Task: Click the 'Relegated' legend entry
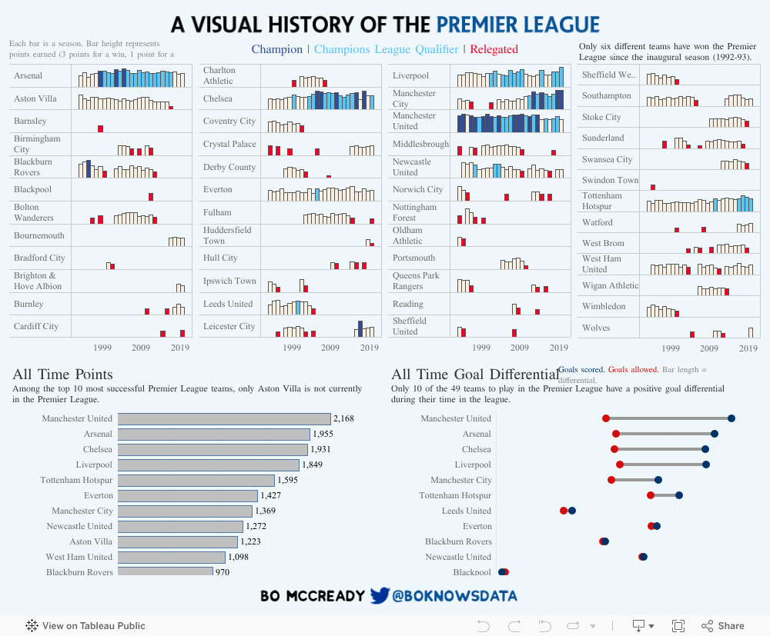click(494, 49)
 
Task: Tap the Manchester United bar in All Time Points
click(223, 418)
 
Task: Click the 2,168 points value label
click(344, 418)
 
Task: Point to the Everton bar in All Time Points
click(187, 495)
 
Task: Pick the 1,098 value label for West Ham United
click(240, 557)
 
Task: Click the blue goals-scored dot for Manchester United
click(731, 418)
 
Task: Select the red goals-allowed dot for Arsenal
click(615, 434)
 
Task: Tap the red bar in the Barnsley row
click(100, 128)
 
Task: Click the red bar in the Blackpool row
click(151, 197)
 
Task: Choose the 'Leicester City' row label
click(229, 326)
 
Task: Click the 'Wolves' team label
click(596, 328)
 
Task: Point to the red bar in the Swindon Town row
click(653, 187)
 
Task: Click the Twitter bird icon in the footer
click(380, 596)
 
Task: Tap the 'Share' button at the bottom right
click(723, 626)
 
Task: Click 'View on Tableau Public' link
click(85, 626)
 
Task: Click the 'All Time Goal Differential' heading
click(475, 375)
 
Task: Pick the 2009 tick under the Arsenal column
click(141, 348)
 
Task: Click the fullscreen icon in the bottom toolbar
click(678, 626)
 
